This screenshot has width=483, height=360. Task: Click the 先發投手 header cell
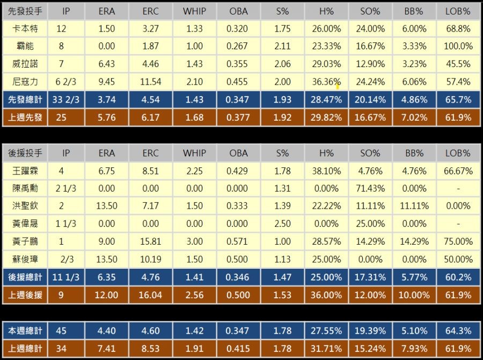click(25, 11)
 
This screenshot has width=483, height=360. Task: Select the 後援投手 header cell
click(25, 153)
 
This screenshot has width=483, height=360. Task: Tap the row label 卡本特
click(25, 28)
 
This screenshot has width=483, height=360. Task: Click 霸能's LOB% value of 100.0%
click(457, 46)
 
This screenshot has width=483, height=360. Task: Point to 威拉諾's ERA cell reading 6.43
click(107, 64)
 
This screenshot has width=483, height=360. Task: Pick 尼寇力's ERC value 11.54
click(151, 82)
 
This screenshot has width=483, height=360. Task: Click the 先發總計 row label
click(25, 99)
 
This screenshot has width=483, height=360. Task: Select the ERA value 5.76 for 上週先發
click(107, 117)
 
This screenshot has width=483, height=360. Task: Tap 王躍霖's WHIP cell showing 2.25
click(194, 171)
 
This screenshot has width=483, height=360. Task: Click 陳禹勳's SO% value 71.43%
click(370, 188)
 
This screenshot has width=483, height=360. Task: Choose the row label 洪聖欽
click(25, 206)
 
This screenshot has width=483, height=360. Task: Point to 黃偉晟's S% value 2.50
click(282, 224)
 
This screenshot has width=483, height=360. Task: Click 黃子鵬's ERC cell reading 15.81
click(151, 241)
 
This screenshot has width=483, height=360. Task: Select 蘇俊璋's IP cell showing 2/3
click(66, 259)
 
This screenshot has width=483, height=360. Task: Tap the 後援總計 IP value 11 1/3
click(66, 277)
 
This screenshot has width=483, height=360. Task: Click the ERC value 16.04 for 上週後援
click(151, 295)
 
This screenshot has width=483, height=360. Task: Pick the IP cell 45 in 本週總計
click(61, 330)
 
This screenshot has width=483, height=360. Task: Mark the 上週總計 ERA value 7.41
click(107, 348)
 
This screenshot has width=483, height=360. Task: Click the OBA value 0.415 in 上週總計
click(238, 348)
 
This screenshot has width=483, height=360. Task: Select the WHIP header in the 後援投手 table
click(194, 153)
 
